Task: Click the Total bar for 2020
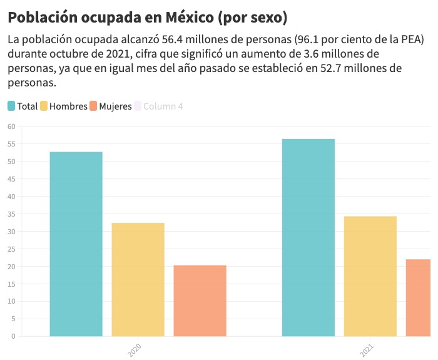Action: pyautogui.click(x=76, y=244)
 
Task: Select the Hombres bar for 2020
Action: pyautogui.click(x=138, y=279)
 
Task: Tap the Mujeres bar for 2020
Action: pyautogui.click(x=200, y=301)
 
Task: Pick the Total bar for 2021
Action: pyautogui.click(x=308, y=237)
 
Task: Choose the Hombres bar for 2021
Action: pyautogui.click(x=370, y=276)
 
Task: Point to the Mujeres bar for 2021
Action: pyautogui.click(x=419, y=297)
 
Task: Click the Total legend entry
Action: pyautogui.click(x=23, y=106)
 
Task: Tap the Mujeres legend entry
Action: pyautogui.click(x=111, y=106)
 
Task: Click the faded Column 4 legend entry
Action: pyautogui.click(x=158, y=106)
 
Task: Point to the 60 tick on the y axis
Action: pyautogui.click(x=11, y=126)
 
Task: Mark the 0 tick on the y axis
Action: pyautogui.click(x=13, y=336)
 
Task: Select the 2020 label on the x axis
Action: pyautogui.click(x=134, y=350)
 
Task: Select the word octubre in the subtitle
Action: pyautogui.click(x=75, y=54)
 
